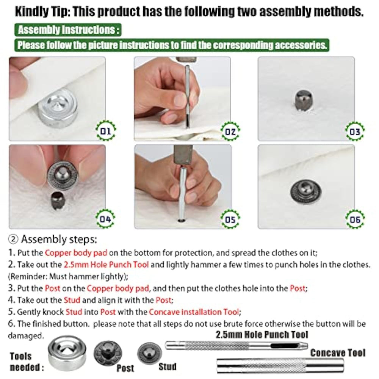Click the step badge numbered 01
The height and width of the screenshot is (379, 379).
pos(106,131)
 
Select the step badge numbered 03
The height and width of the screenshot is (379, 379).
pos(355,132)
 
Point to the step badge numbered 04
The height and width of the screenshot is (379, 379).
pos(106,219)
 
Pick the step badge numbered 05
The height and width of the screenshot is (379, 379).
pos(230,219)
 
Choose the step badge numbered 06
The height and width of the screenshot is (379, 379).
pos(355,219)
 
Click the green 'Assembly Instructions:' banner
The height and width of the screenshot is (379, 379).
pos(68,30)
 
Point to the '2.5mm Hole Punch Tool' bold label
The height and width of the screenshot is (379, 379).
pos(262,335)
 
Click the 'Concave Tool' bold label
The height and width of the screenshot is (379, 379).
pos(338,353)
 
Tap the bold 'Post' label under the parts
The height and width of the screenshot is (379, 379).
pos(125,368)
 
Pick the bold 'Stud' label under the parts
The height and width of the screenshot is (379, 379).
pos(167,366)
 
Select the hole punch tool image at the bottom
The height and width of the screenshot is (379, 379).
pos(236,346)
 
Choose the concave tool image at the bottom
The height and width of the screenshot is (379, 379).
pos(280,366)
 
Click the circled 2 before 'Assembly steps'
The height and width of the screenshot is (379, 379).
pos(13,239)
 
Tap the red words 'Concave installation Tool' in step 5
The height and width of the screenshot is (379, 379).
pos(194,312)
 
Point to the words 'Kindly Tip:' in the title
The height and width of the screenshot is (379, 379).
pos(42,12)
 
